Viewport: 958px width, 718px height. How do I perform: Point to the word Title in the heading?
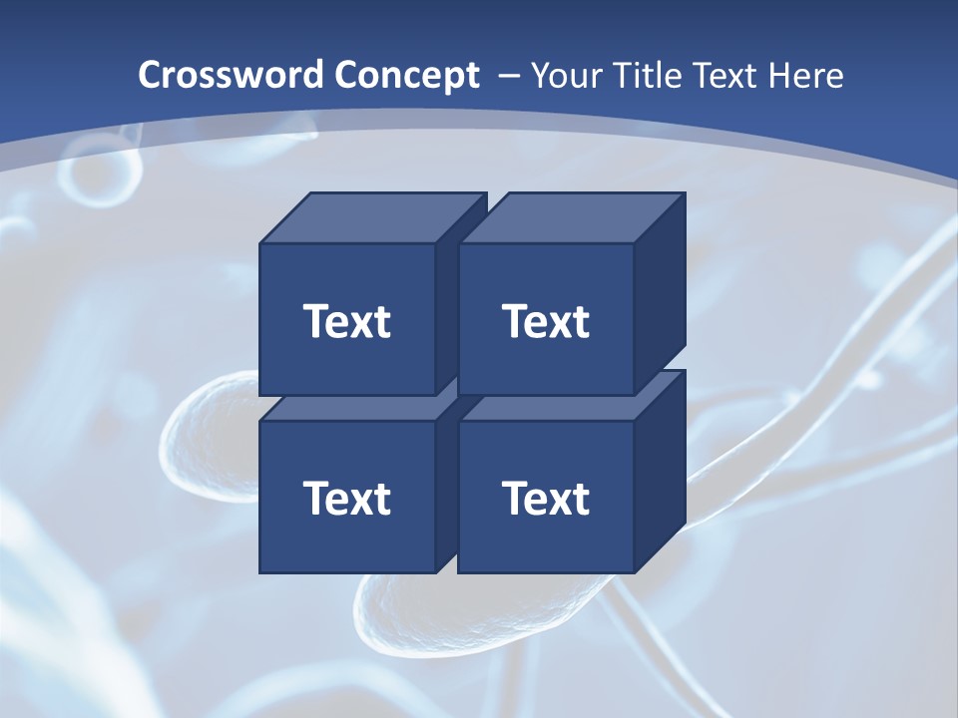(648, 76)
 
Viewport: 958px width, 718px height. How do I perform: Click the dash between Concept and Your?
(508, 76)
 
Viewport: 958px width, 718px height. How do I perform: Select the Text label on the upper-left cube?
(347, 321)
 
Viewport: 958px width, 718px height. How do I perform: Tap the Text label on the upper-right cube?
(546, 321)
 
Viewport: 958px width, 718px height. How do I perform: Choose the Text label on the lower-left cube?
(347, 498)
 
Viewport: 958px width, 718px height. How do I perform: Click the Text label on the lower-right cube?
(546, 498)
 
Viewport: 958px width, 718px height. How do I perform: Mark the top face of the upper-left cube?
(373, 217)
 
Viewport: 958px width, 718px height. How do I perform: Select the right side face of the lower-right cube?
(660, 473)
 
